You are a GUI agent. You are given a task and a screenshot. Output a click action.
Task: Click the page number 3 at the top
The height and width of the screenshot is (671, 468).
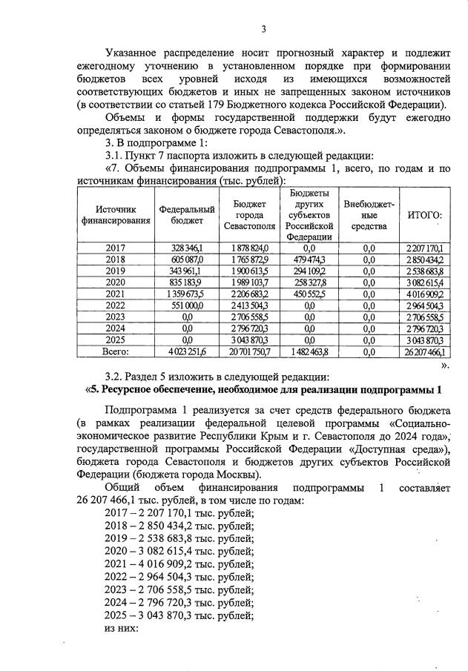(x=263, y=29)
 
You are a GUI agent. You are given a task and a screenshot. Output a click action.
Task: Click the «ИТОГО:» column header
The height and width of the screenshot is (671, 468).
(x=425, y=215)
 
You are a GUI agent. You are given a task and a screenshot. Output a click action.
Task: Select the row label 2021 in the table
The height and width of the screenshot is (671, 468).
(x=116, y=294)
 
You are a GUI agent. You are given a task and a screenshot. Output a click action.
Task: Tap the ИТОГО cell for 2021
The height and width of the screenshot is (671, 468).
(x=424, y=294)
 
